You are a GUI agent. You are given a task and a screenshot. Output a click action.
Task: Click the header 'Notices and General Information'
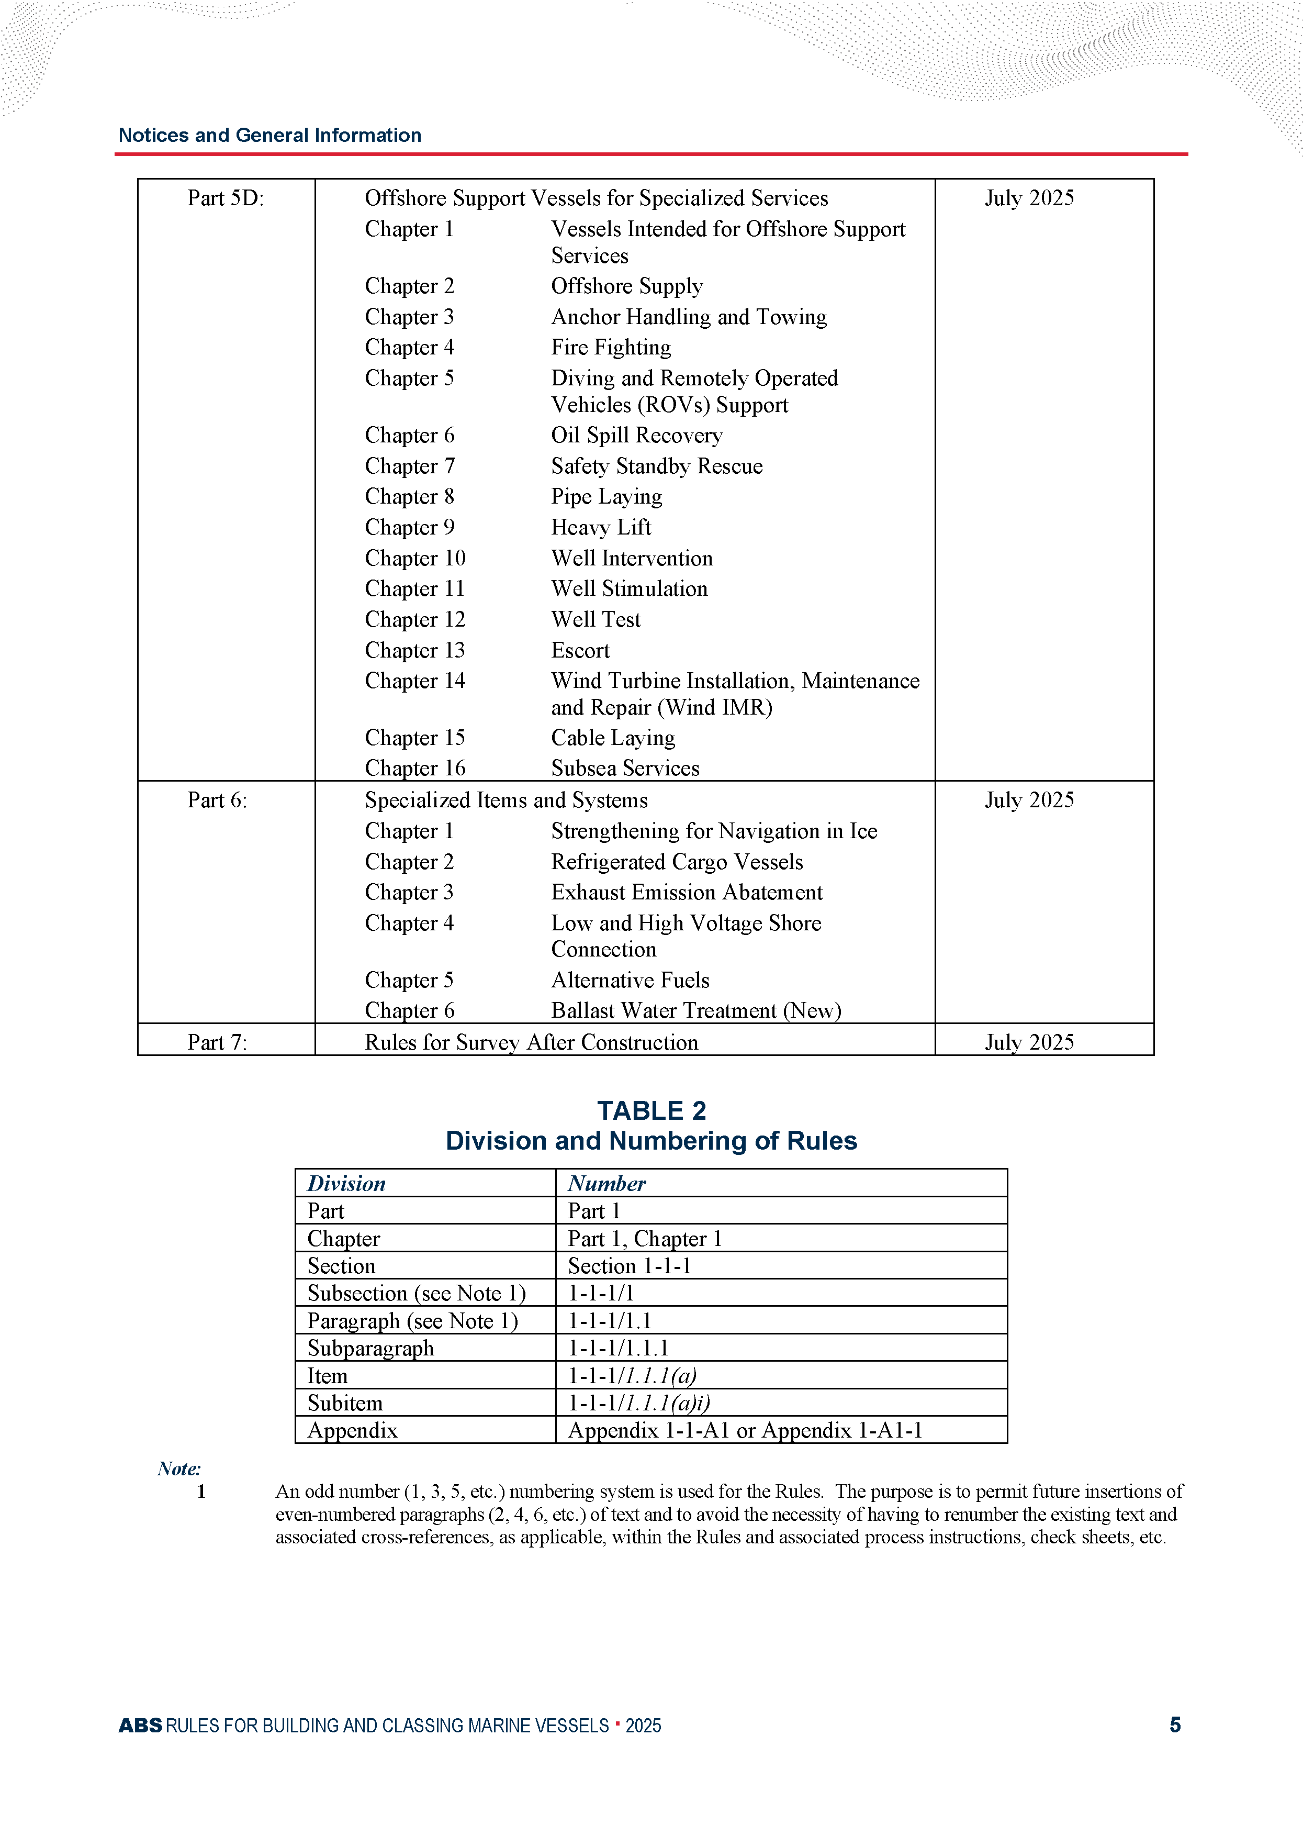coord(269,135)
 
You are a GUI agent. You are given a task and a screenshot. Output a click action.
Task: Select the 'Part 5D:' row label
coord(226,198)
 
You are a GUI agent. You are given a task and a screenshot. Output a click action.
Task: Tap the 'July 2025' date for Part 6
coord(1029,800)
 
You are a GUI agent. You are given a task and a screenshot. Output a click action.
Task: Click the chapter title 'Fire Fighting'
coord(611,348)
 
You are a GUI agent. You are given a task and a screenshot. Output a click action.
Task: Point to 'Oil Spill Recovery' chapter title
coord(636,435)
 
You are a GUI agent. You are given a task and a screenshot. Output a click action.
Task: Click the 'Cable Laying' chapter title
coord(612,738)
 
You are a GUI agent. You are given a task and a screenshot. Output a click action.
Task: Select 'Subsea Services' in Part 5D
coord(625,768)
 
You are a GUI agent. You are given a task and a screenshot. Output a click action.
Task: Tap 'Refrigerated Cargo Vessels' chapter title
coord(677,862)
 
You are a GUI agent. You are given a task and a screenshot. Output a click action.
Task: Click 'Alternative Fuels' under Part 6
coord(630,980)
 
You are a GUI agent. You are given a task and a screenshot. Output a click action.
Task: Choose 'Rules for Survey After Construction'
coord(531,1042)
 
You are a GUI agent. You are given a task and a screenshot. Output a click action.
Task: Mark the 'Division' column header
coord(346,1184)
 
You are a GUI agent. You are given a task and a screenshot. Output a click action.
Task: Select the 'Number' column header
coord(606,1184)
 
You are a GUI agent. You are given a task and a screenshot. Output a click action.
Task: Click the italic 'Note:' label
coord(179,1468)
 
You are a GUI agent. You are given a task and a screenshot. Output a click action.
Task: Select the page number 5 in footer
coord(1175,1724)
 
